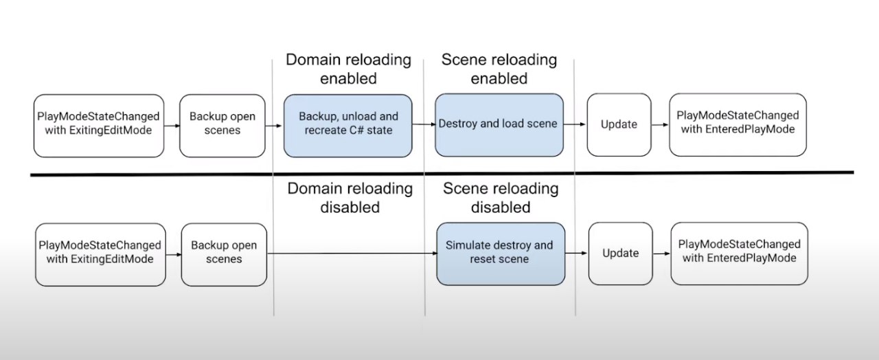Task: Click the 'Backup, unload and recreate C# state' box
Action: point(348,126)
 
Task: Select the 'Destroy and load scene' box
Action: point(499,125)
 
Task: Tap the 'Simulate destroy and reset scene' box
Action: point(501,254)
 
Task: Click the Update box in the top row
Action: point(619,125)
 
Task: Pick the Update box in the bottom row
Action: point(621,254)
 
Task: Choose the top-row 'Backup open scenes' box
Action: point(222,126)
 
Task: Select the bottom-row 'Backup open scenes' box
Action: point(224,254)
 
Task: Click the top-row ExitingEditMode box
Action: point(99,126)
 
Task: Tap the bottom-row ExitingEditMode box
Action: point(100,254)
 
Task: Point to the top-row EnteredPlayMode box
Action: point(738,125)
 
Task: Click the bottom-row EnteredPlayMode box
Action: point(740,254)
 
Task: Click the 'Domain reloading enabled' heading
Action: point(348,69)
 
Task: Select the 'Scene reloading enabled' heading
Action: point(499,69)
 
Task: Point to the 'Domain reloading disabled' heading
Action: point(350,198)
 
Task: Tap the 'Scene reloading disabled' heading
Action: point(501,198)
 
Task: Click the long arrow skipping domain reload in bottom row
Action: point(352,254)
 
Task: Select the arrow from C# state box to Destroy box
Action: point(424,124)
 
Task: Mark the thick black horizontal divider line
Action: point(442,174)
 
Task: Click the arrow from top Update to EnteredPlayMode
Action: point(660,125)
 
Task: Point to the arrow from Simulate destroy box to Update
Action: point(576,254)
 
